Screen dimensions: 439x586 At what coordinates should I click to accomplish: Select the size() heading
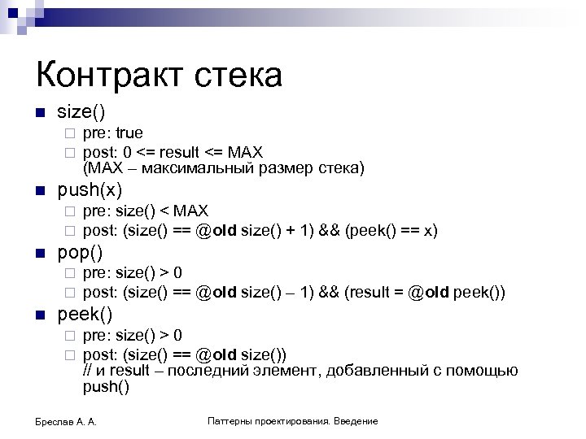pos(81,111)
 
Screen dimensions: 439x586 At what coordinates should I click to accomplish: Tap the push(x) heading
pos(90,191)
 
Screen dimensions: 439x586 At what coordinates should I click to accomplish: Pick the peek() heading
pos(85,313)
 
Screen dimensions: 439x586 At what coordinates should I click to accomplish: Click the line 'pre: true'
pos(113,133)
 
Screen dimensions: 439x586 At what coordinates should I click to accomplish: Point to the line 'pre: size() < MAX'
pos(146,212)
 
